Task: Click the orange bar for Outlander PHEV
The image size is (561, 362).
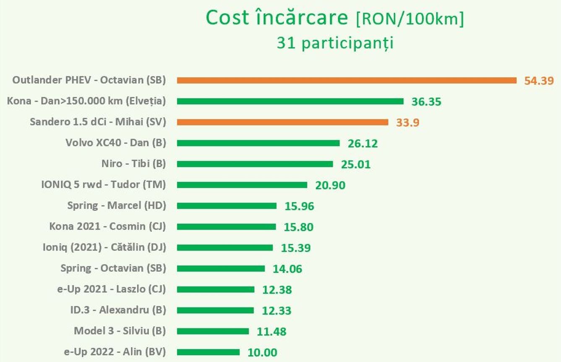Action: [x=347, y=80]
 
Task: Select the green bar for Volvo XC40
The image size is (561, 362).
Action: [x=258, y=143]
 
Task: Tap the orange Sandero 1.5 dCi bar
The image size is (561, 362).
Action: [x=282, y=122]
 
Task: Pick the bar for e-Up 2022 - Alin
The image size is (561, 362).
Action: [x=208, y=352]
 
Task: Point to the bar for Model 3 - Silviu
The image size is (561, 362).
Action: [x=213, y=331]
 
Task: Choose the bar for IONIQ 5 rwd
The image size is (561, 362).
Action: [x=242, y=185]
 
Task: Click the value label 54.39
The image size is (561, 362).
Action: [x=539, y=81]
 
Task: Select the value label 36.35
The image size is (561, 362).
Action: [x=426, y=102]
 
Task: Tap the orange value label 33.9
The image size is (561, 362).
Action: [x=407, y=123]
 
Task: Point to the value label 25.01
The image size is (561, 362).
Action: [x=356, y=164]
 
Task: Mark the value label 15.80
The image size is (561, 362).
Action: [x=298, y=227]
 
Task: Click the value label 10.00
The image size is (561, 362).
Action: [x=262, y=352]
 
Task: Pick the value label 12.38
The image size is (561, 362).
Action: [x=277, y=290]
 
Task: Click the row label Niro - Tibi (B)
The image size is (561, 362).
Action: [x=133, y=164]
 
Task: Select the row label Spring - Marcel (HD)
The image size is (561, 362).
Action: [x=117, y=205]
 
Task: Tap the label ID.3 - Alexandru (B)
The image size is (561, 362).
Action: [x=118, y=310]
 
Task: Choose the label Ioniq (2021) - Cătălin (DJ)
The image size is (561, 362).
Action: [x=104, y=247]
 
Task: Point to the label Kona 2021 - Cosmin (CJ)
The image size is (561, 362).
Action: [x=107, y=226]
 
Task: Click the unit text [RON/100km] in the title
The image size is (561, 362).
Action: [x=410, y=19]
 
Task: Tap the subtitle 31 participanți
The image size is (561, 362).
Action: [x=334, y=43]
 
